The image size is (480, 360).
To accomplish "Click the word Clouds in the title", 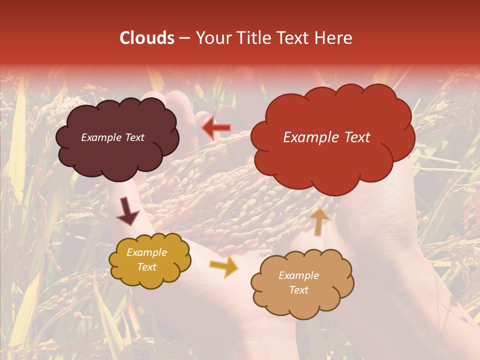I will pyautogui.click(x=147, y=38).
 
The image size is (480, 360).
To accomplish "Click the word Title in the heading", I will pyautogui.click(x=255, y=38).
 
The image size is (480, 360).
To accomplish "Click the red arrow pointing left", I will pyautogui.click(x=216, y=128).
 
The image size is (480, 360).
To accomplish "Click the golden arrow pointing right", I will pyautogui.click(x=223, y=267).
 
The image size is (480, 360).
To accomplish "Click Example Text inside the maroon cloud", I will pyautogui.click(x=112, y=137).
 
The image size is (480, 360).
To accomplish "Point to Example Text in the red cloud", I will pyautogui.click(x=326, y=137).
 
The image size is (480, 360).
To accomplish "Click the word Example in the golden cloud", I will pyautogui.click(x=146, y=253).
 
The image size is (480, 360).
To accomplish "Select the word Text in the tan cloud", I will pyautogui.click(x=298, y=290).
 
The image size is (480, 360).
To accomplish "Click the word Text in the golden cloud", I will pyautogui.click(x=146, y=267).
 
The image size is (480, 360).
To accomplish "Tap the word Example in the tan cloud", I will pyautogui.click(x=298, y=275).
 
